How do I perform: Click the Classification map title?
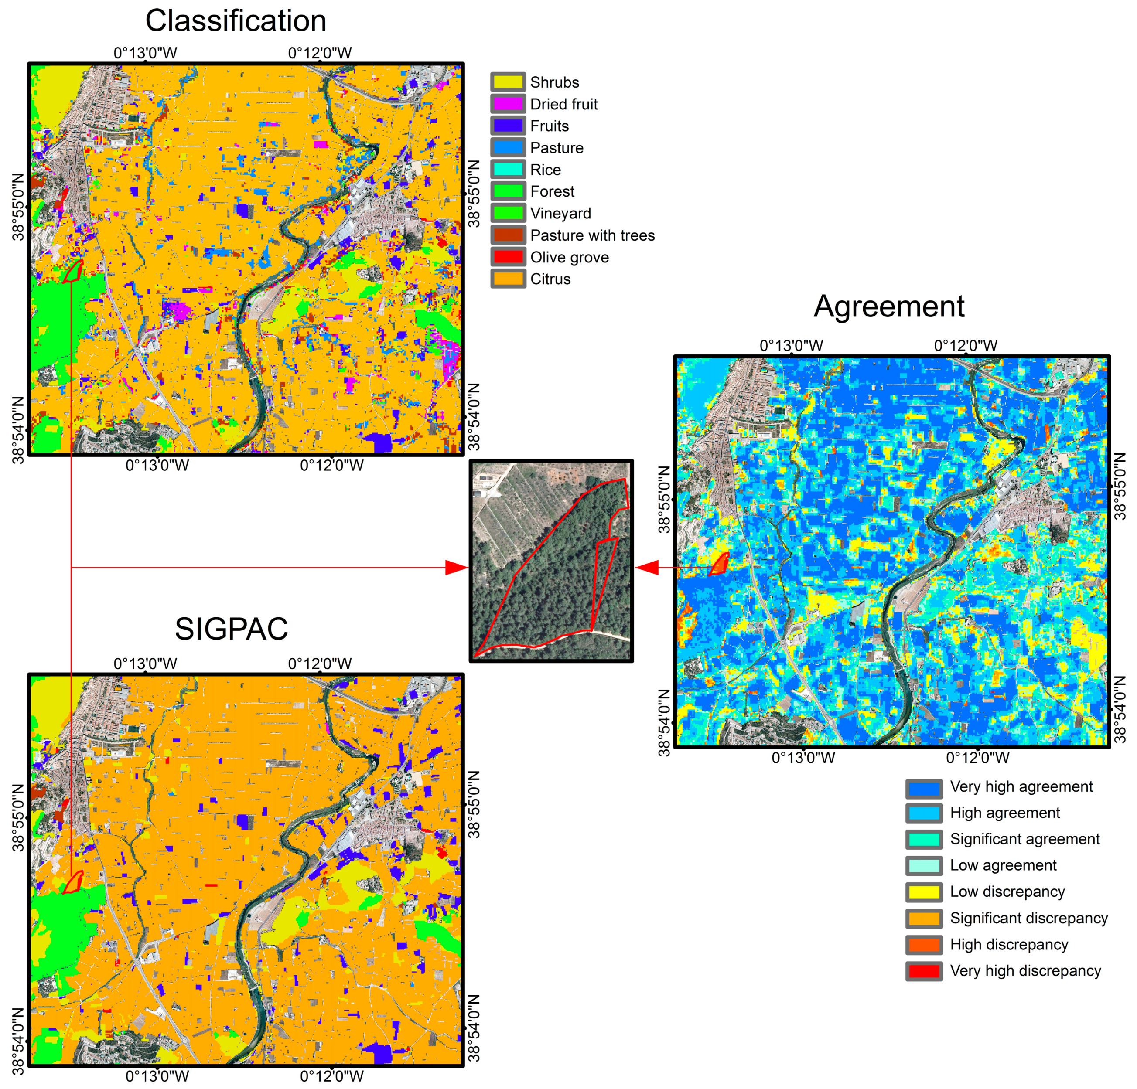coord(236,21)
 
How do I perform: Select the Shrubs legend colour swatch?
coord(508,82)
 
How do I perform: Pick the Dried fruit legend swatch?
coord(508,104)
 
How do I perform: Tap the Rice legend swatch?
coord(508,169)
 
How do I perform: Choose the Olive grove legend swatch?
coord(508,257)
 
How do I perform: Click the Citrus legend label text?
coord(550,279)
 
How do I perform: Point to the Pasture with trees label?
coord(592,235)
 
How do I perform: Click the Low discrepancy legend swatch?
coord(924,891)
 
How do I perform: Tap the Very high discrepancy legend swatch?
coord(924,971)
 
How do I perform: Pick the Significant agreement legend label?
coord(1024,839)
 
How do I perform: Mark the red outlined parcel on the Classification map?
coord(73,271)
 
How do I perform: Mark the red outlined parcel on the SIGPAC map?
coord(73,882)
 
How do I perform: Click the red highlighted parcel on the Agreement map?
coord(719,564)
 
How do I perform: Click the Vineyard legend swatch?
coord(508,213)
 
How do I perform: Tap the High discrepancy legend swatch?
coord(924,945)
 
